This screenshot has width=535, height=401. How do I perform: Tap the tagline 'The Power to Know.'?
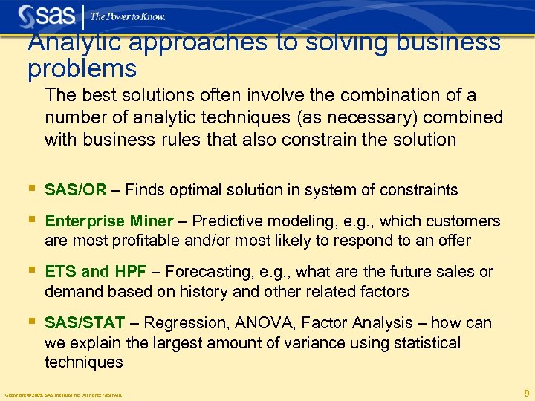click(x=127, y=16)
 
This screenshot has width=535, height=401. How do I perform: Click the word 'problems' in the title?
click(x=82, y=70)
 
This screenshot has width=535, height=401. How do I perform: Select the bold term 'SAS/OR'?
click(x=76, y=190)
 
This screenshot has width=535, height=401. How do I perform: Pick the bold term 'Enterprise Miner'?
click(x=108, y=221)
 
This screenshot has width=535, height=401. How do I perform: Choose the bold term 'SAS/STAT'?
click(x=85, y=323)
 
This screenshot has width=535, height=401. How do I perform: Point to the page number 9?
click(x=526, y=393)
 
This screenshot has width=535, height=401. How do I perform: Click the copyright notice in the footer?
click(x=63, y=394)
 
